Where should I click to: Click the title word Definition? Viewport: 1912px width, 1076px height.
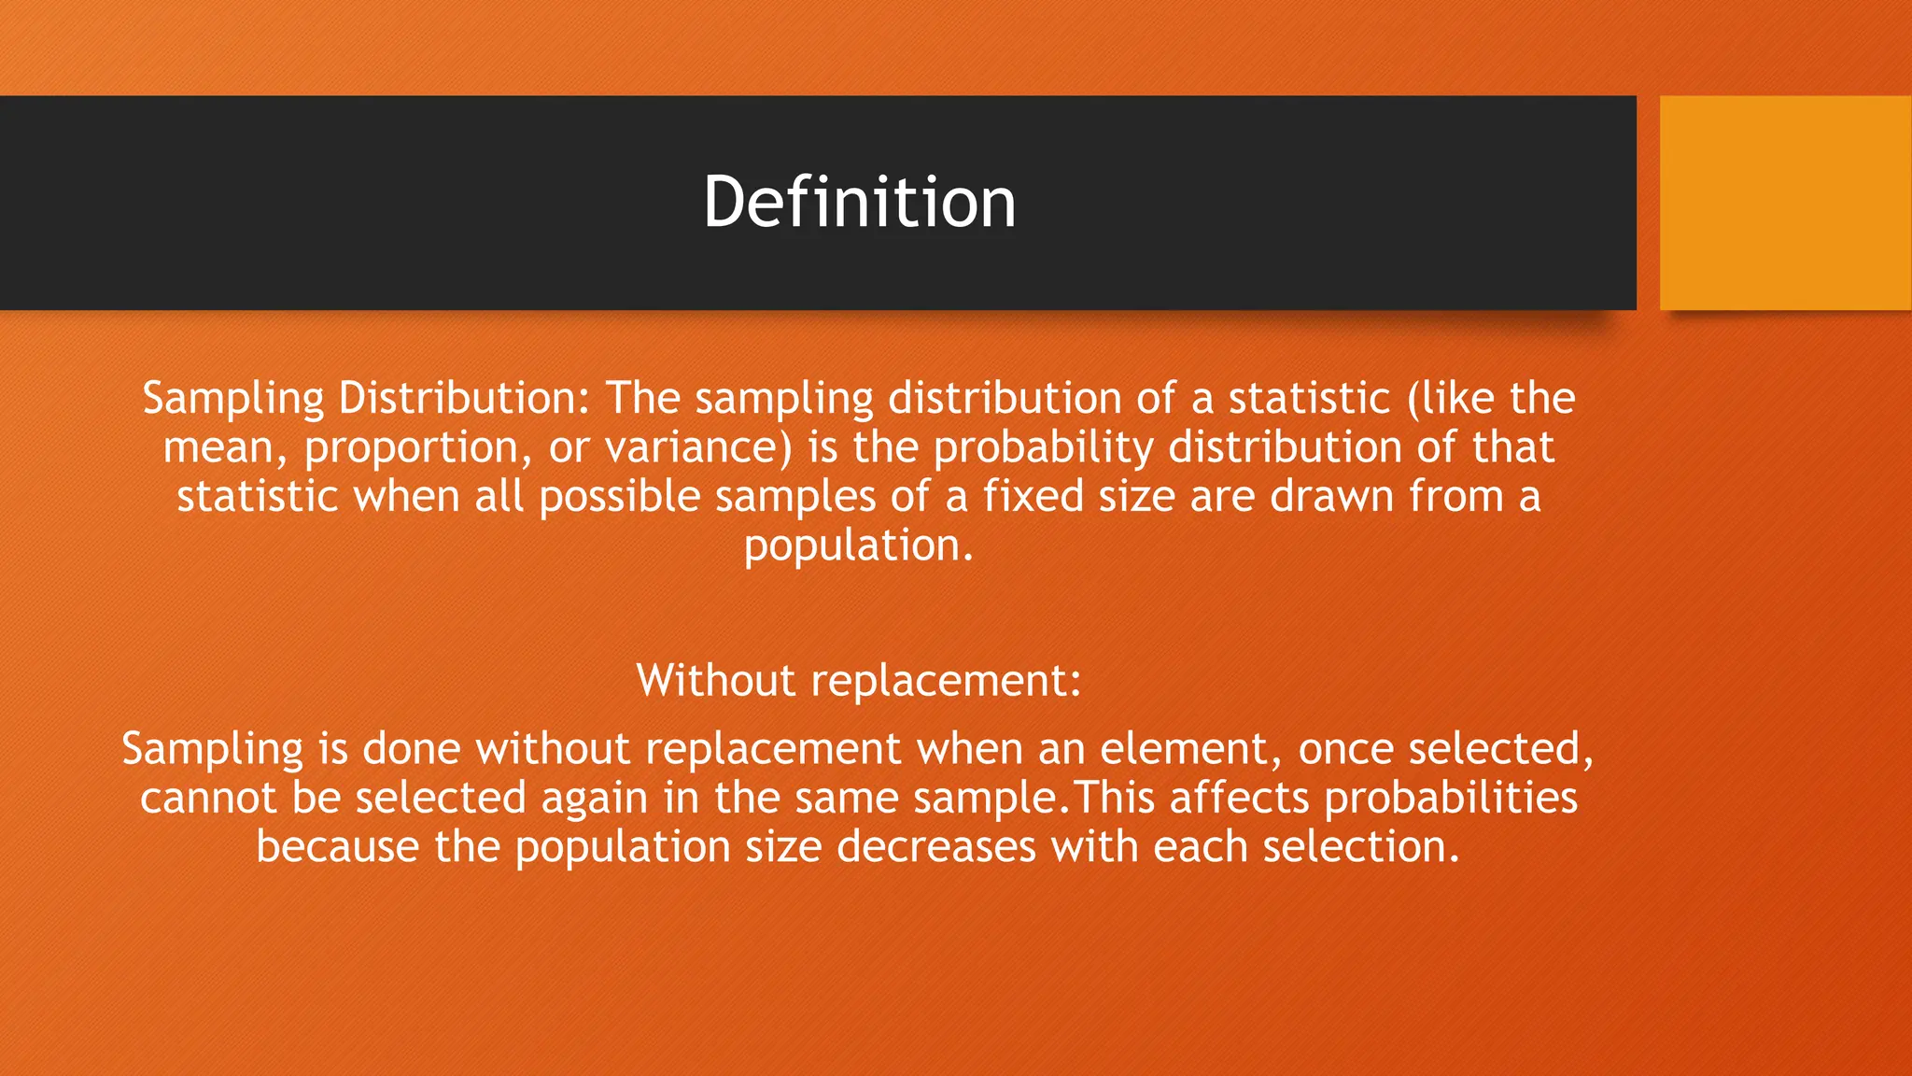click(859, 202)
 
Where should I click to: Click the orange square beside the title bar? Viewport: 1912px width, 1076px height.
click(1785, 202)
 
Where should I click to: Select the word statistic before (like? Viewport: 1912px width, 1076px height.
click(1309, 399)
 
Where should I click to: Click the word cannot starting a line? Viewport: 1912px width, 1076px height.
click(208, 799)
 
